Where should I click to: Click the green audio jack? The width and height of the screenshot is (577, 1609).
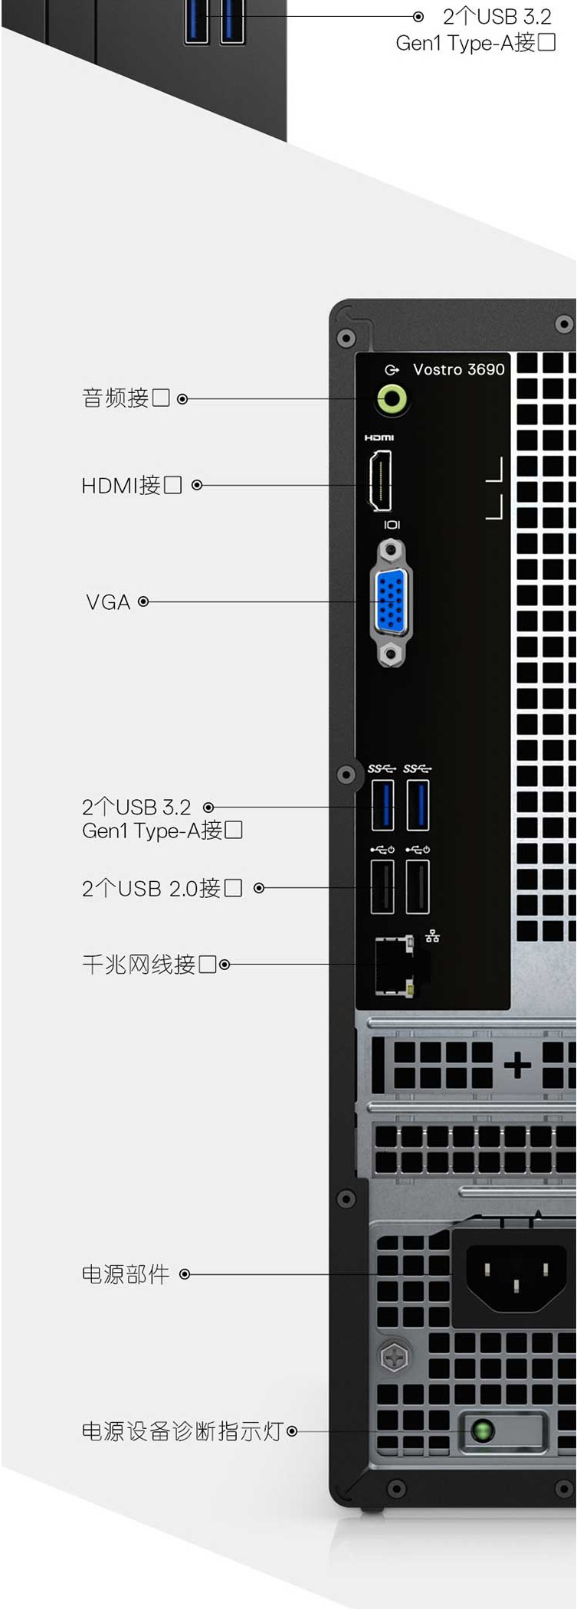click(x=392, y=398)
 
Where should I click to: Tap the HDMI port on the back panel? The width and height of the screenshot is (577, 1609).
click(x=381, y=480)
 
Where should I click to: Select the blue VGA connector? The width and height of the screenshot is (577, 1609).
click(x=391, y=601)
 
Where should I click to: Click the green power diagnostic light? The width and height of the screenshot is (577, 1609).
click(x=482, y=1430)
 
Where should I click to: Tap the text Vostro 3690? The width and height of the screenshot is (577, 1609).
click(x=459, y=369)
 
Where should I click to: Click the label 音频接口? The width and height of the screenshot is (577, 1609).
click(x=126, y=398)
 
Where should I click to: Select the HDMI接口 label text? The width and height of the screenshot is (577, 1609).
click(x=132, y=485)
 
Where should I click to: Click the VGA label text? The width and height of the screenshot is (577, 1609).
click(x=108, y=602)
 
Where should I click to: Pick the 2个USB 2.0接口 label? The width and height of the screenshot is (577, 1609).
click(x=162, y=888)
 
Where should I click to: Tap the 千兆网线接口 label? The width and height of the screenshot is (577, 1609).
click(x=149, y=964)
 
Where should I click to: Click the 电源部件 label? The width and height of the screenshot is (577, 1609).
click(x=126, y=1274)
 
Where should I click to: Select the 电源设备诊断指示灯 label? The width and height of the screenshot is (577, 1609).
click(x=183, y=1430)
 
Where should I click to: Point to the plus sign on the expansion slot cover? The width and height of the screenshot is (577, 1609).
click(x=517, y=1065)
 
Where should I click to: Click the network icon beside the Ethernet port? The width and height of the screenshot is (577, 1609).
click(x=432, y=936)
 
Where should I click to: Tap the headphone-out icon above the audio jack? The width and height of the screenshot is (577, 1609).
click(x=392, y=370)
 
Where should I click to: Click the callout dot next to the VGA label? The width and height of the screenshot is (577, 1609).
click(x=143, y=602)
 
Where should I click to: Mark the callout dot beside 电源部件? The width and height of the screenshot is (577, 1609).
click(x=185, y=1274)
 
